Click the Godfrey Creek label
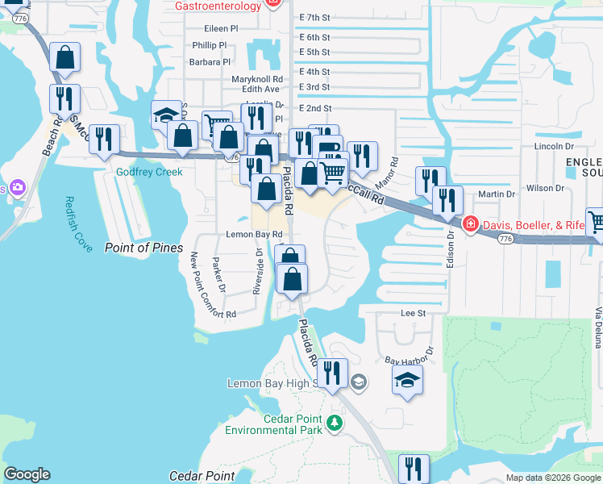point(149,172)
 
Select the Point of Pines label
point(143,248)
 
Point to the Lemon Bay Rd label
point(254,234)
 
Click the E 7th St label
point(314,17)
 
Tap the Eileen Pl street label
point(221,27)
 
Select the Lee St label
point(413,312)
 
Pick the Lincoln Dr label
point(553,147)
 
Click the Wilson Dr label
point(545,188)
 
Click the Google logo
point(27,475)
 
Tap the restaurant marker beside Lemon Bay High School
point(332,373)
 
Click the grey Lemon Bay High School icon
point(360,382)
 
